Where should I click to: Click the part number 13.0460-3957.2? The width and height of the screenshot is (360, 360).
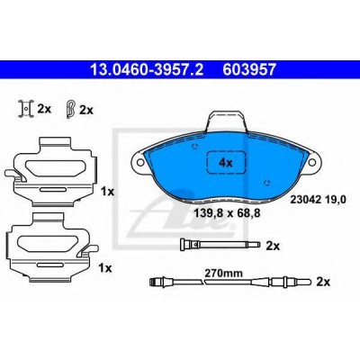pyautogui.click(x=147, y=70)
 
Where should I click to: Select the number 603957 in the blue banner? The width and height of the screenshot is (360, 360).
pyautogui.click(x=248, y=70)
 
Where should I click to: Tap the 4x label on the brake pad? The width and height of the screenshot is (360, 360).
pyautogui.click(x=226, y=163)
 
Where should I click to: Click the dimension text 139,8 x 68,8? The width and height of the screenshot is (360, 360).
pyautogui.click(x=227, y=213)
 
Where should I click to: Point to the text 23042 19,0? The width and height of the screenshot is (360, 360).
pyautogui.click(x=318, y=199)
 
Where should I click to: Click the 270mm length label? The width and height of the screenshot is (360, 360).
pyautogui.click(x=223, y=274)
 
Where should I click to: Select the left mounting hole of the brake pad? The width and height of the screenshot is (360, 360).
pyautogui.click(x=139, y=162)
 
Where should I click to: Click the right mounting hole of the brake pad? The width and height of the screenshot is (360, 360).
pyautogui.click(x=313, y=162)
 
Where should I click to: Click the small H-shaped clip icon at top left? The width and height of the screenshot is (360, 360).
pyautogui.click(x=26, y=109)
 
